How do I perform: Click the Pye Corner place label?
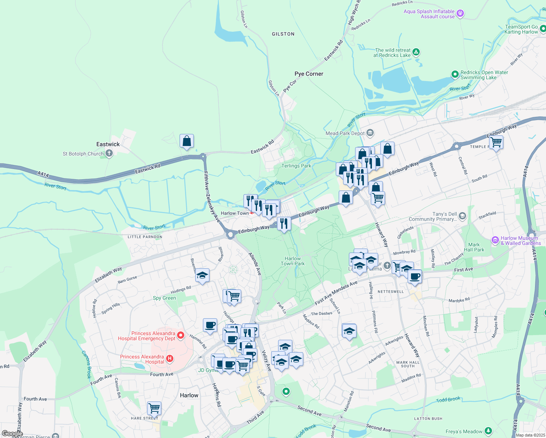click(x=309, y=74)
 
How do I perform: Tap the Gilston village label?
click(x=283, y=34)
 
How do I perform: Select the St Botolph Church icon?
click(x=109, y=154)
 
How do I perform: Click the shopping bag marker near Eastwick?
click(x=187, y=141)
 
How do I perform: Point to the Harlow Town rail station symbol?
click(x=252, y=213)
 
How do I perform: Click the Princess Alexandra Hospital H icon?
click(x=170, y=359)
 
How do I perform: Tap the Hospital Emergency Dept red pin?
click(x=180, y=335)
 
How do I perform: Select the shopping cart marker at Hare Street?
click(x=154, y=408)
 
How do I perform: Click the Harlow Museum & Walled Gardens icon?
click(x=495, y=240)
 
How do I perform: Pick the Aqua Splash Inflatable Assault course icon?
click(x=461, y=14)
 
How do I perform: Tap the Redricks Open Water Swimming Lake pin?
click(x=455, y=74)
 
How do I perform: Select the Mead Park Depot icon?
click(x=370, y=133)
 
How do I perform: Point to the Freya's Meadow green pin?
click(x=488, y=431)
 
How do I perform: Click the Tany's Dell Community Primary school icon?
click(x=462, y=216)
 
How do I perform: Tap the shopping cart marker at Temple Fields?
click(x=496, y=142)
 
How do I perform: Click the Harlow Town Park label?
click(x=292, y=261)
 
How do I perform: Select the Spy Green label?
click(x=164, y=298)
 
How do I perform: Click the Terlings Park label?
click(x=296, y=166)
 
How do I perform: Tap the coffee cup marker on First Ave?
click(x=415, y=276)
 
